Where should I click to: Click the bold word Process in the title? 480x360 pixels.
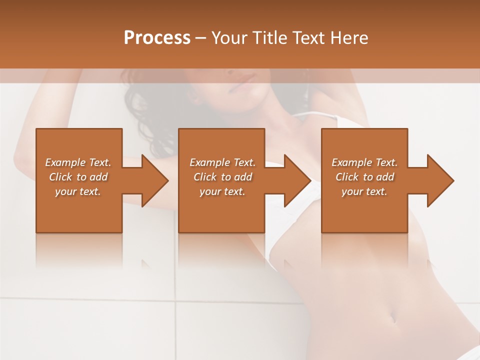tap(157, 37)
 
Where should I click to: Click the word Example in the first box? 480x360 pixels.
tap(65, 162)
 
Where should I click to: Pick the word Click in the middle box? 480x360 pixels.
tap(204, 177)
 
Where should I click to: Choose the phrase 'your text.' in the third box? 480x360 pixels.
tap(364, 191)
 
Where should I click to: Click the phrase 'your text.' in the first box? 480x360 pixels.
tap(78, 191)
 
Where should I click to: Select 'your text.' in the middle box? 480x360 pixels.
tap(222, 191)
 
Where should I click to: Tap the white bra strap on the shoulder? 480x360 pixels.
tap(315, 116)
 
